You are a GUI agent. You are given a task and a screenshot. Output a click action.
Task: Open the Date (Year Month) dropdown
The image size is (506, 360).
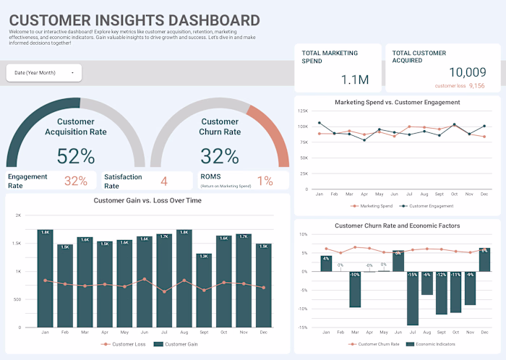point(43,73)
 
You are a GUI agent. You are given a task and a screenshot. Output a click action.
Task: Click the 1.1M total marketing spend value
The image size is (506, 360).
point(355,80)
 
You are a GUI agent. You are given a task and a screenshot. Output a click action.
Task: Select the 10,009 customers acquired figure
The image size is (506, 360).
point(468,72)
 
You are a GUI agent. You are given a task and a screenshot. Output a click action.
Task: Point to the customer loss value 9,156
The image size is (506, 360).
point(476,85)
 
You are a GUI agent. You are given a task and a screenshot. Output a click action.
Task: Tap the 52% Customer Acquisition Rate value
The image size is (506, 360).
point(76,156)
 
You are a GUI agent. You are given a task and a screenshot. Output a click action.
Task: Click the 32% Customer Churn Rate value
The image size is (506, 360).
point(220,156)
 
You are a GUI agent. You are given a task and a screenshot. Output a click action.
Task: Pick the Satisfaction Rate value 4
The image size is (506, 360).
point(164,181)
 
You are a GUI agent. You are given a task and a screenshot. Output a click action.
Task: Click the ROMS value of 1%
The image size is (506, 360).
point(265,181)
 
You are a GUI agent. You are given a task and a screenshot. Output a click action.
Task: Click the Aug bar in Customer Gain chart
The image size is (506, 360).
point(184,277)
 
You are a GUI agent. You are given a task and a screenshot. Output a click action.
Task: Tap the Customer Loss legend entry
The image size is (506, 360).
point(124,344)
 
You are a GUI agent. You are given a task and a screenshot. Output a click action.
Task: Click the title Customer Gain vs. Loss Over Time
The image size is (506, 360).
point(147,200)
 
